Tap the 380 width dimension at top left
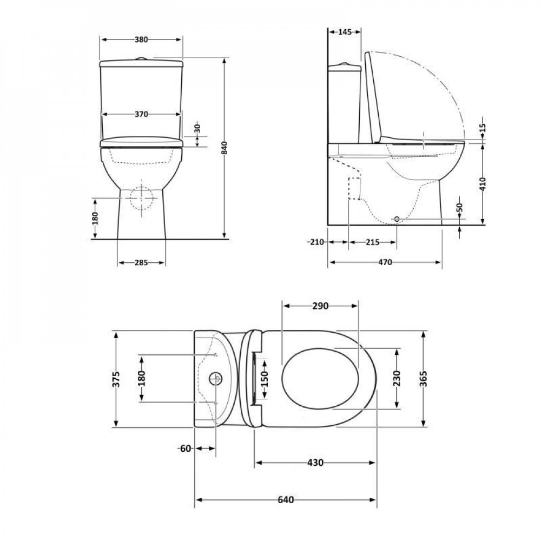(x=141, y=39)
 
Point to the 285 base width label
(x=141, y=263)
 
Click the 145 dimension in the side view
(x=345, y=32)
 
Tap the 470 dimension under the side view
(x=385, y=262)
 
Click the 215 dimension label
(x=372, y=242)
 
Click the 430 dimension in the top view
(x=315, y=463)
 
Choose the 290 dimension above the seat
(x=320, y=306)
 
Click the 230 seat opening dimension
(x=397, y=378)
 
